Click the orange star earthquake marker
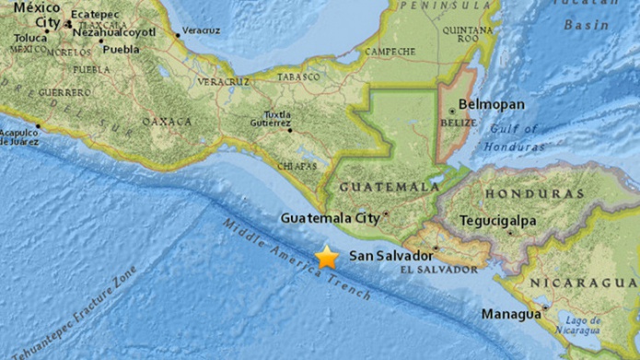(327, 258)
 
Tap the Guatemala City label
(331, 218)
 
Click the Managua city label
(511, 314)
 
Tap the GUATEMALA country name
(388, 187)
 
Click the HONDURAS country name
(535, 194)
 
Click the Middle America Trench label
(297, 261)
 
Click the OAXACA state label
(167, 121)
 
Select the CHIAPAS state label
(297, 166)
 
